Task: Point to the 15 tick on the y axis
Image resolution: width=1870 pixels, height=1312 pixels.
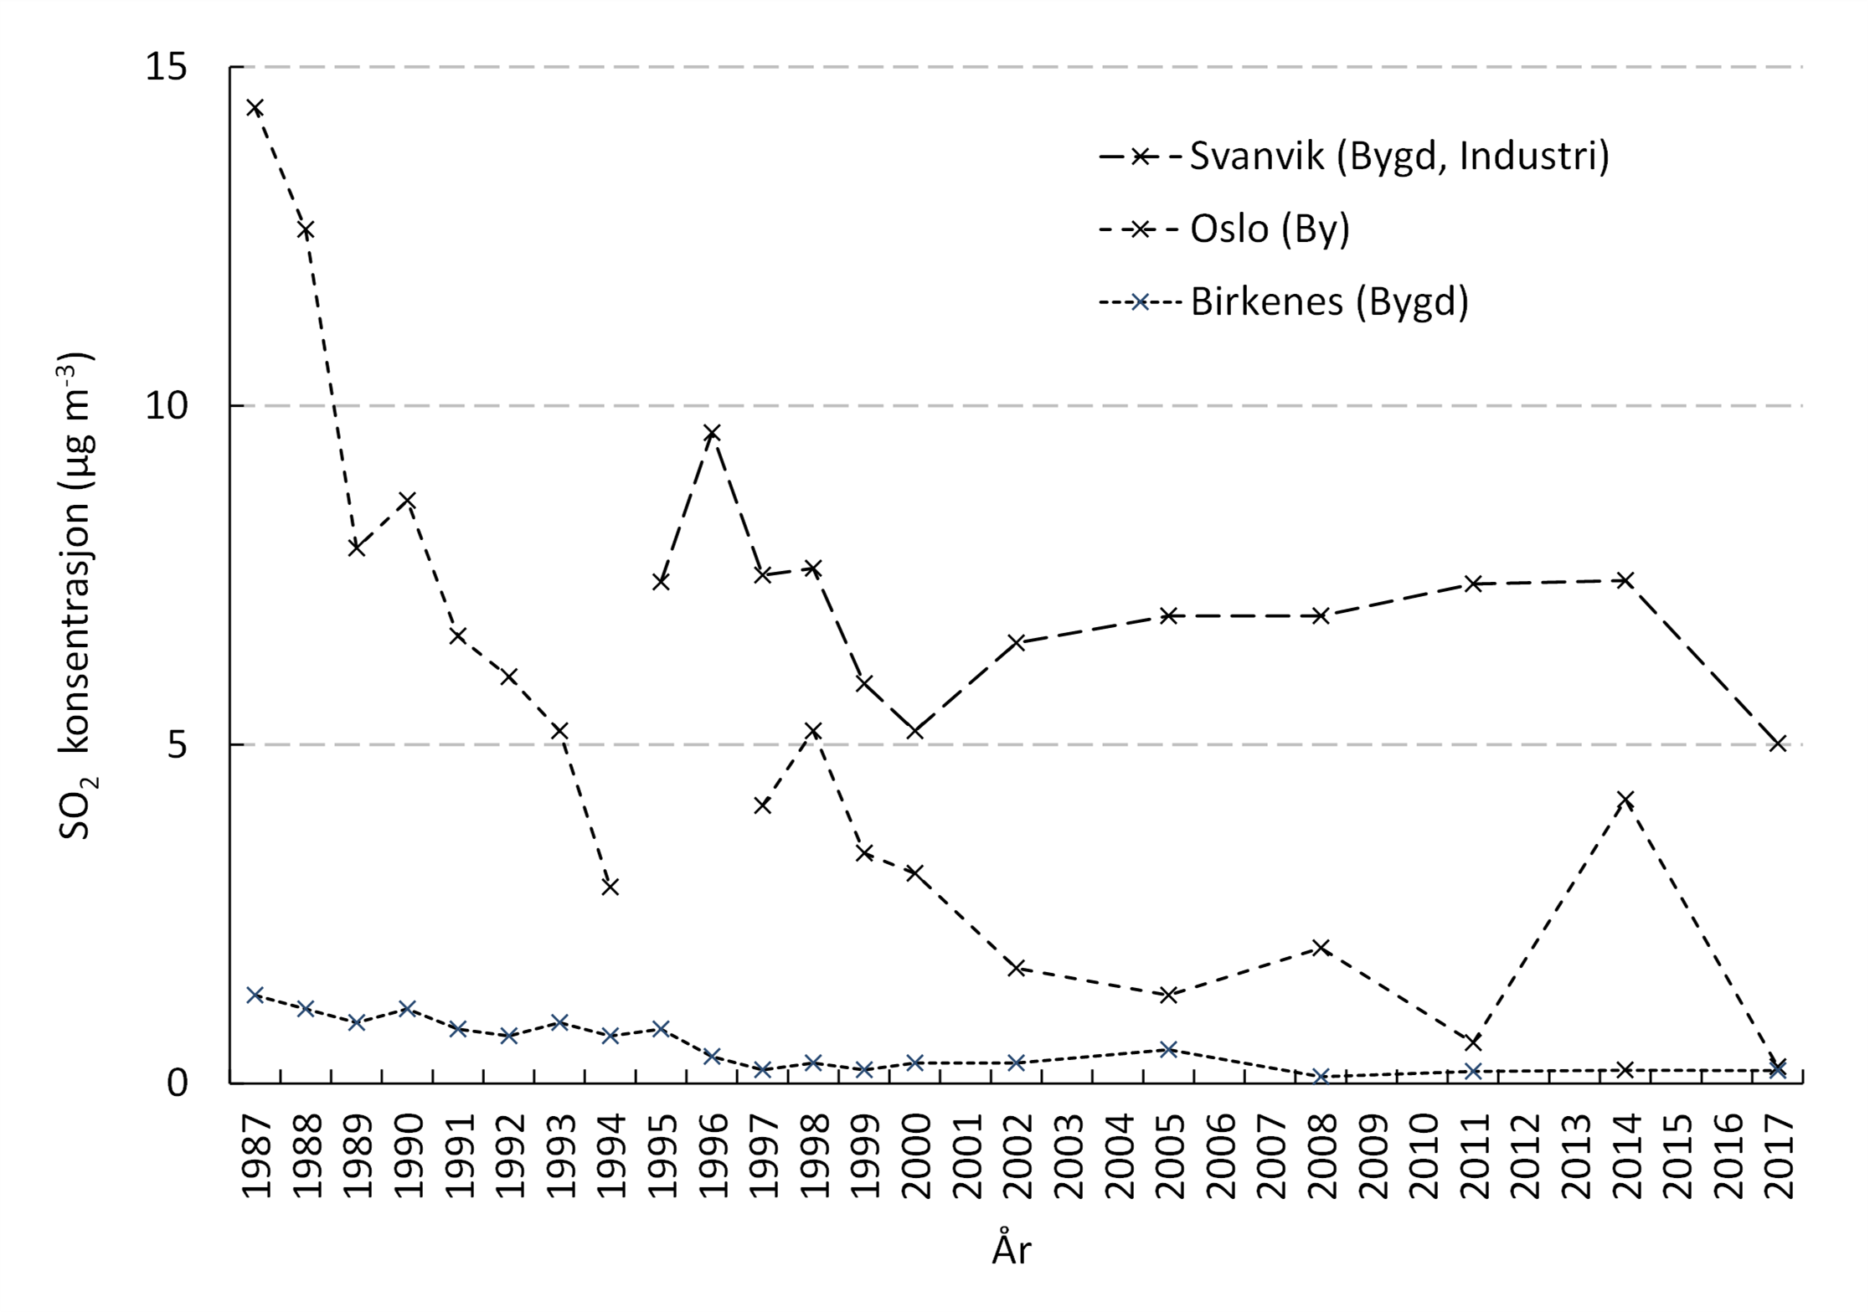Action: coord(167,67)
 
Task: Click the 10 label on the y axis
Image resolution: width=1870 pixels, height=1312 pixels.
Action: coord(167,406)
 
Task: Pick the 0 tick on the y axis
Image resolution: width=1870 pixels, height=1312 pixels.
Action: coord(177,1083)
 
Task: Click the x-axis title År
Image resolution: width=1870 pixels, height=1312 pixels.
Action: coord(1012,1250)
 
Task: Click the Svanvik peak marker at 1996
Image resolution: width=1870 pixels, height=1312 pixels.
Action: coord(712,433)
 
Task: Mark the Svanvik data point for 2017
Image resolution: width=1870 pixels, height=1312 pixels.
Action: coord(1778,743)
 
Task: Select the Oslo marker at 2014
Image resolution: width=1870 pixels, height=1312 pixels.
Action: coord(1625,800)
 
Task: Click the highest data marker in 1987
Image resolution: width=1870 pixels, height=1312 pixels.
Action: coord(255,107)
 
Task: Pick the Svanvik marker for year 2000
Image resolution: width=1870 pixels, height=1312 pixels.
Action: coord(915,731)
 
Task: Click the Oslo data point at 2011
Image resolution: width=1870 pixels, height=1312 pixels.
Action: coord(1473,1042)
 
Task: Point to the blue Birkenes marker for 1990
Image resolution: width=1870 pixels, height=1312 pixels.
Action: coord(408,1008)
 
